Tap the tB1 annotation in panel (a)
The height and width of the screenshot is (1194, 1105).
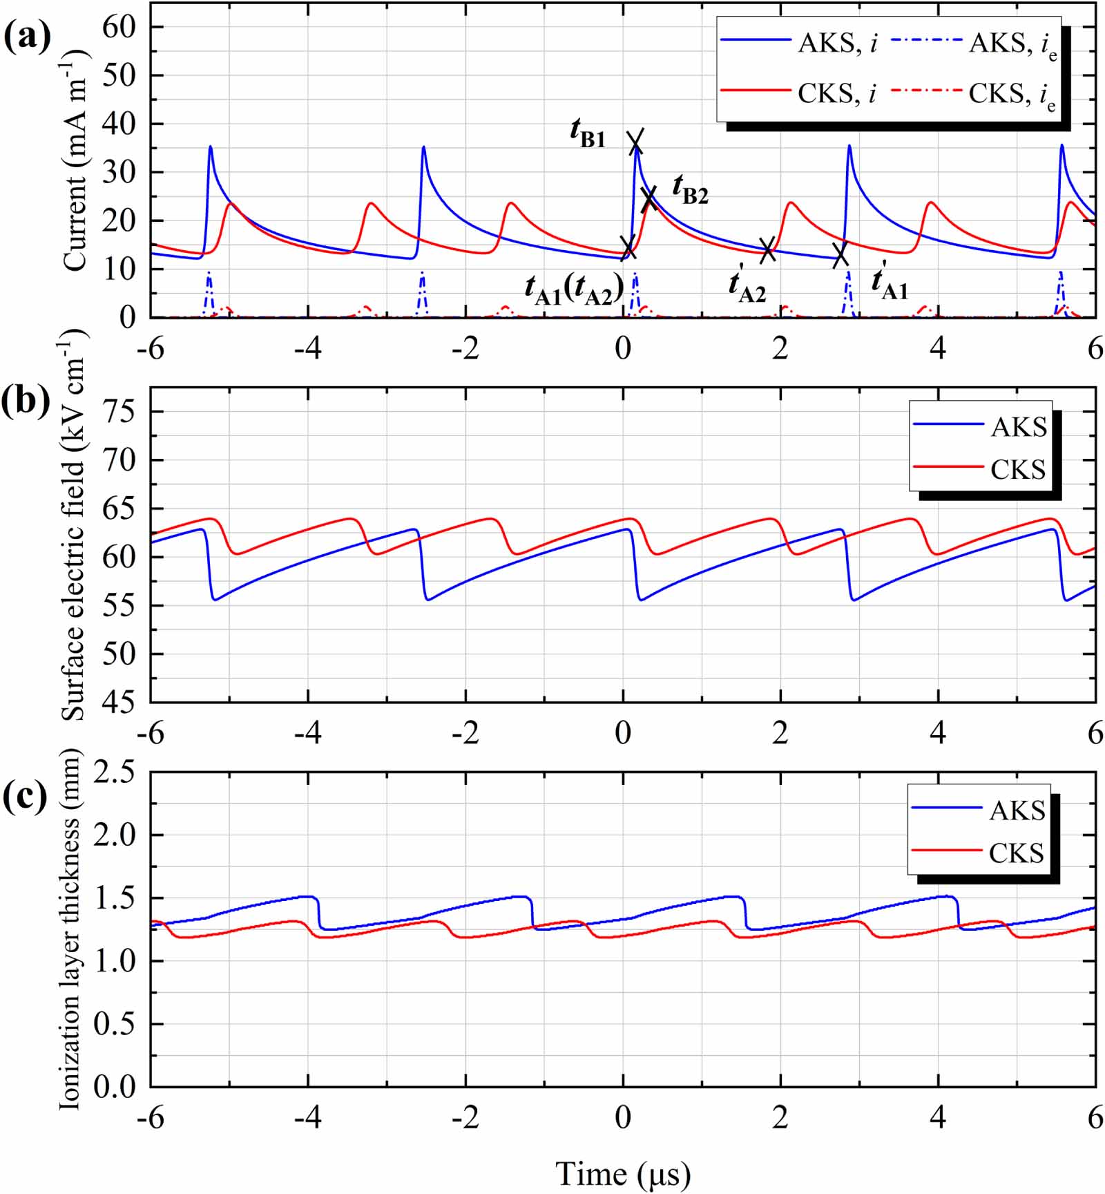tap(588, 132)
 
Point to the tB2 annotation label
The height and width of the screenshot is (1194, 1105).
tap(690, 189)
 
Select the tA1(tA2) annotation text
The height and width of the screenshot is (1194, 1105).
tap(574, 289)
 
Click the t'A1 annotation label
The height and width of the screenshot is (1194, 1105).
tap(890, 283)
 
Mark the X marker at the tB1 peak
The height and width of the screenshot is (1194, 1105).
tap(635, 142)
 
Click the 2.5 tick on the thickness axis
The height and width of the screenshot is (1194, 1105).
tap(115, 771)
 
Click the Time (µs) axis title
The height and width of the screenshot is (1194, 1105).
tap(623, 1173)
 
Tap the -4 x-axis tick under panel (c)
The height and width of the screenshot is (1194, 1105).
tap(308, 1117)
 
